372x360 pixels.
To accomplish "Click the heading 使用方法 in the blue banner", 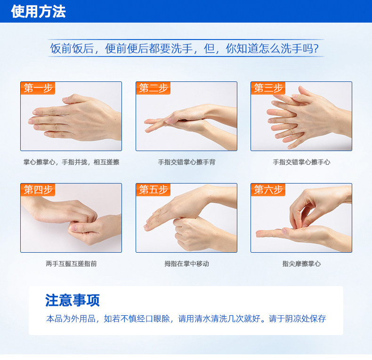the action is [x=38, y=11].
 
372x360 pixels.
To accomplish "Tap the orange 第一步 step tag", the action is [x=38, y=88].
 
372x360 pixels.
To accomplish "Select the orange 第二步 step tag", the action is [x=153, y=88].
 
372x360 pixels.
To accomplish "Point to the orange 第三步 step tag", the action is [x=268, y=88].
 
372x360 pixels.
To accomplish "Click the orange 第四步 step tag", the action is [x=38, y=190].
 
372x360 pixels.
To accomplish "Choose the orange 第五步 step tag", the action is [x=153, y=190].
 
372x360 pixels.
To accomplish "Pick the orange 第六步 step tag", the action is [x=268, y=190].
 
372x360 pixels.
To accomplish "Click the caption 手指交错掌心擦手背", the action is [x=186, y=162].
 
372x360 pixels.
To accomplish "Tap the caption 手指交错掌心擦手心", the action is [x=301, y=162].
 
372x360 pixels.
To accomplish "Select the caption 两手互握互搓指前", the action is [x=71, y=264].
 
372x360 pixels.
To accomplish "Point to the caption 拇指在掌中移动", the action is [x=187, y=264].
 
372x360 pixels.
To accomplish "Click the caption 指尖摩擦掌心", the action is [x=301, y=264].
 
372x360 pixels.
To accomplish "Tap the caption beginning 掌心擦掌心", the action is [x=71, y=162].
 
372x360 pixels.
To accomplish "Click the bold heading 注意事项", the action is [x=73, y=300].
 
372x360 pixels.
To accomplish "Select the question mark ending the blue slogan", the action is [x=315, y=48].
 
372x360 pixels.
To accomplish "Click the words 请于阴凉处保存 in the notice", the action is [x=297, y=319].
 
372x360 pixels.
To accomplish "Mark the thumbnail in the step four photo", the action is [x=73, y=228].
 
